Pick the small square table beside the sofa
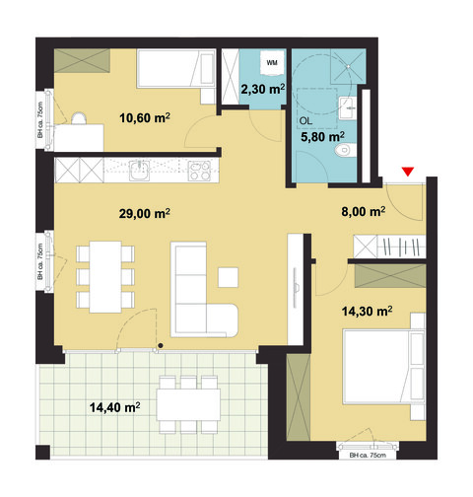230,274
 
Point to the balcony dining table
190,403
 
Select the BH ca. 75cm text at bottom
368,457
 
